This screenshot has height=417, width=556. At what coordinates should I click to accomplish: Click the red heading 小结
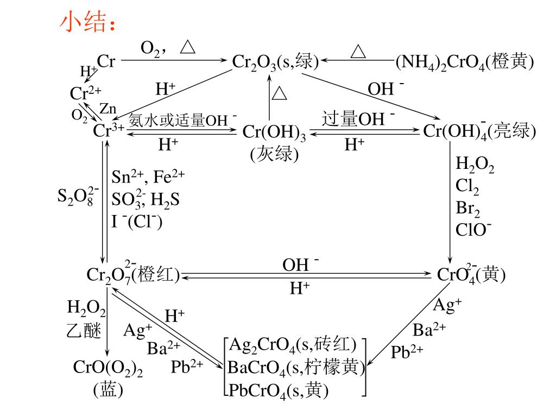(87, 23)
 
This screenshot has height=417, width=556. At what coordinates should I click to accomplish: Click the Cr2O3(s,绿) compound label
(275, 62)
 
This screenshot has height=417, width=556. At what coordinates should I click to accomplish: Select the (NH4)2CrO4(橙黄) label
(465, 62)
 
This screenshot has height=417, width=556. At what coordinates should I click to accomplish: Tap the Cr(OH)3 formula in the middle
(274, 132)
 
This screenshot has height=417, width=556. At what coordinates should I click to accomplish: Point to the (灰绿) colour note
(274, 154)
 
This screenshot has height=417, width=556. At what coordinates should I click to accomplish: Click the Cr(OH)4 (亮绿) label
(479, 131)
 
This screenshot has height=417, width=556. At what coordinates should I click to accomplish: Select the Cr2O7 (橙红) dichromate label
(133, 275)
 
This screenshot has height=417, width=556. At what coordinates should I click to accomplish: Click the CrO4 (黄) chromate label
(471, 275)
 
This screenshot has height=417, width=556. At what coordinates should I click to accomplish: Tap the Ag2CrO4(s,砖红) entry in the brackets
(293, 345)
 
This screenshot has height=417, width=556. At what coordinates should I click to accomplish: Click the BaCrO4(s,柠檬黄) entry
(296, 368)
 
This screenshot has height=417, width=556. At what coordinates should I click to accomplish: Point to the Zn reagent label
(108, 109)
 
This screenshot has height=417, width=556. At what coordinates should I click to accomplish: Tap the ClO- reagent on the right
(473, 230)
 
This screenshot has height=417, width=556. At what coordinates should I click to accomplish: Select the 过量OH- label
(358, 118)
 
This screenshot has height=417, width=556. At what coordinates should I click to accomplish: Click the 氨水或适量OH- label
(182, 121)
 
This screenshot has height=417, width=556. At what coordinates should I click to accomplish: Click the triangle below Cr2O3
(279, 93)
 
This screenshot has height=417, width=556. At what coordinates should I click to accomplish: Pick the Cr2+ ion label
(85, 93)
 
